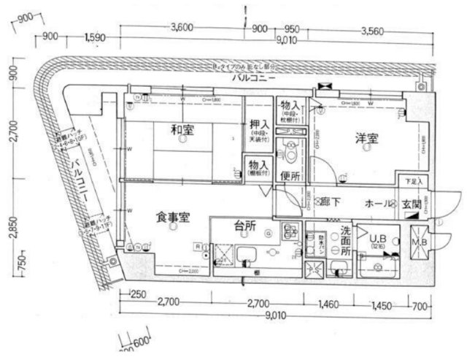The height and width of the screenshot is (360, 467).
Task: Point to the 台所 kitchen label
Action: pos(244,226)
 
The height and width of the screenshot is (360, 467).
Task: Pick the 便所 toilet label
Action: pos(290,176)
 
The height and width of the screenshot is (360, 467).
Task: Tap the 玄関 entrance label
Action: pos(410,204)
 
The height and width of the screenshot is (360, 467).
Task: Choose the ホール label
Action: pos(380,204)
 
